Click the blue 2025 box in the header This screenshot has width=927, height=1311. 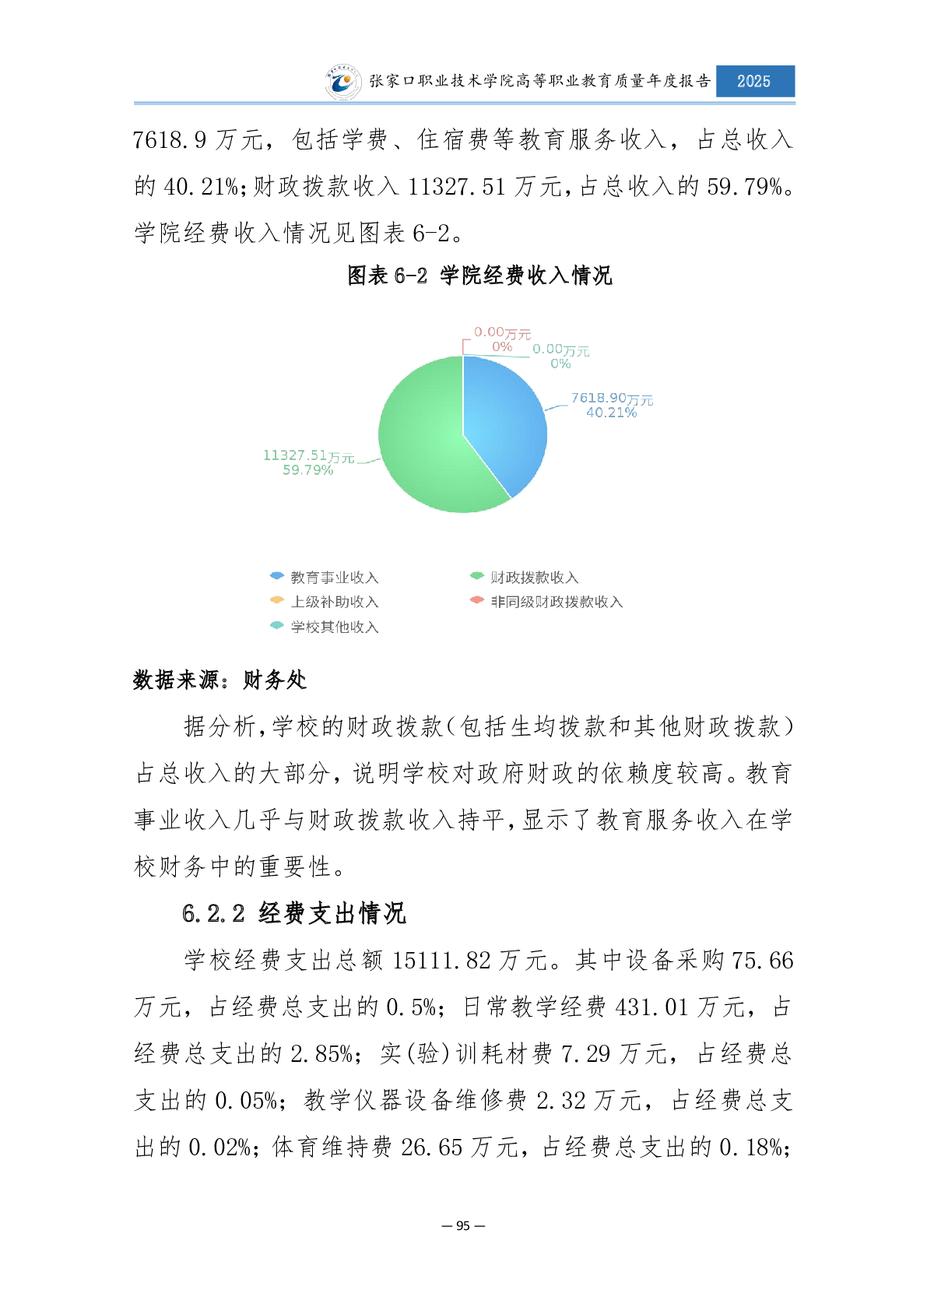click(x=754, y=81)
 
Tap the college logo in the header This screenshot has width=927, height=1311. click(x=342, y=82)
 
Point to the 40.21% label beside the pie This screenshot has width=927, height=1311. click(x=611, y=413)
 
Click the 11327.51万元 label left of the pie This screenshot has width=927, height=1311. click(x=308, y=455)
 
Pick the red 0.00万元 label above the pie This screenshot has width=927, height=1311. click(x=502, y=333)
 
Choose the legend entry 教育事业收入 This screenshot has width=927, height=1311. click(x=333, y=577)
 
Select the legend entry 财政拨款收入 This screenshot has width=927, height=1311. click(x=533, y=577)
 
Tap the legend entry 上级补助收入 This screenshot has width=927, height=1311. click(x=333, y=602)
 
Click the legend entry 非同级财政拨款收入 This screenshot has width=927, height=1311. click(x=556, y=602)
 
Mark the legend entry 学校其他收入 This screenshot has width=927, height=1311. click(x=333, y=627)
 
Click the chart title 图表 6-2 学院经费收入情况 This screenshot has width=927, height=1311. click(x=479, y=276)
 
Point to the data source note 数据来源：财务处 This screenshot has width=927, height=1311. click(x=219, y=680)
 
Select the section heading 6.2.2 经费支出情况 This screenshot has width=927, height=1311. click(x=294, y=913)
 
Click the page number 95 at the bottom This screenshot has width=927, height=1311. click(x=463, y=1225)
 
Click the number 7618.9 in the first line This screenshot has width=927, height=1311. click(x=170, y=140)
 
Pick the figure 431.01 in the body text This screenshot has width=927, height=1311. click(x=651, y=1007)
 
